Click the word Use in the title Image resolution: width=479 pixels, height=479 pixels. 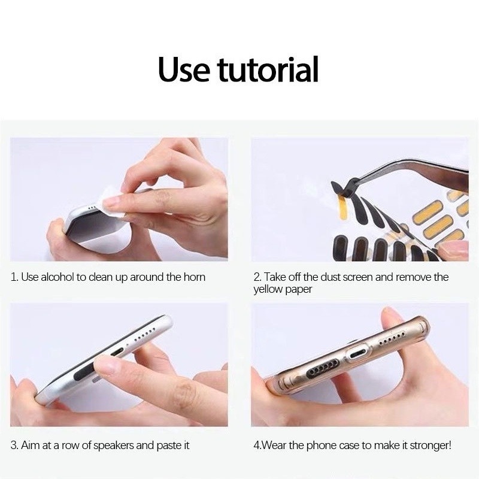[x=184, y=69]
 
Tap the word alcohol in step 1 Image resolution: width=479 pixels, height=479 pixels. [x=57, y=277]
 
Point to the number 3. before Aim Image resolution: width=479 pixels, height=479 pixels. [x=14, y=445]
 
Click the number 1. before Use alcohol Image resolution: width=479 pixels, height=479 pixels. [x=14, y=277]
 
